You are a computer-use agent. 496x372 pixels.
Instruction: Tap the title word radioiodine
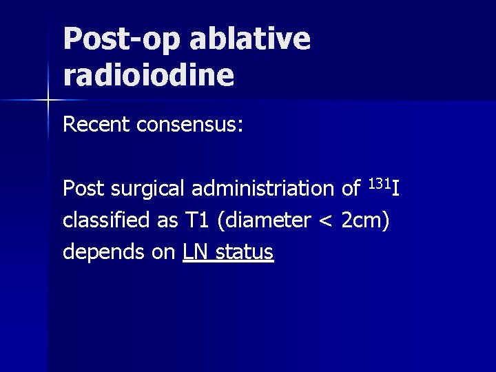coord(149,75)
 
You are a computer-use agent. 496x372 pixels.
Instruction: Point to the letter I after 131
coord(395,187)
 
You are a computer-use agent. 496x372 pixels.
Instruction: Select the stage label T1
coord(196,220)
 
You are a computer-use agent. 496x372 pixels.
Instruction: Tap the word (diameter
coord(260,220)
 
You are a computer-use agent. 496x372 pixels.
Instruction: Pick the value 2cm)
coord(365,220)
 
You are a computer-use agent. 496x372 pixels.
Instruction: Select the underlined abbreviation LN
coord(196,253)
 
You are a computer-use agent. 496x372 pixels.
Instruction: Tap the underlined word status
coord(245,253)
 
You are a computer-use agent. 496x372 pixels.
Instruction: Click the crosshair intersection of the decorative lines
coord(48,101)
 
